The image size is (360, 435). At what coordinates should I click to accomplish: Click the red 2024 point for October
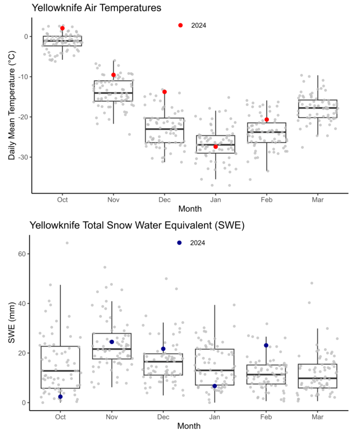[63, 28]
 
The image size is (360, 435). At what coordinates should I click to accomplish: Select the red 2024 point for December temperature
[165, 92]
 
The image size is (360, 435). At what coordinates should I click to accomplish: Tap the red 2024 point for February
[267, 120]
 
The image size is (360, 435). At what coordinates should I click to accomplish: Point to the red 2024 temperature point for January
[216, 146]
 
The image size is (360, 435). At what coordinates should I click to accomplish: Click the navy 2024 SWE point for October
[60, 396]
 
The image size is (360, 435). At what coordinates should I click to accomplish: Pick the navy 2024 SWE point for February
[266, 345]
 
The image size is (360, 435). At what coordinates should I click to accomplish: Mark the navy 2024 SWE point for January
[214, 386]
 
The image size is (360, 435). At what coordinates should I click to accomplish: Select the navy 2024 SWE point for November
[112, 342]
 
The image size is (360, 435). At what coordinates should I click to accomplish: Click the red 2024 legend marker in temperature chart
[180, 25]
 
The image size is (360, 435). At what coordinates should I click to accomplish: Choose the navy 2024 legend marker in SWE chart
[180, 243]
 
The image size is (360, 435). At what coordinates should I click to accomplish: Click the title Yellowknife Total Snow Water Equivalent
[137, 225]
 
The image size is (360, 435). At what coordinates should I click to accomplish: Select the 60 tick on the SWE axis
[22, 254]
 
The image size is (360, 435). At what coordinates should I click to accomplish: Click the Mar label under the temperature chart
[317, 200]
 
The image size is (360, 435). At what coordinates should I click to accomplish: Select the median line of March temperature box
[317, 108]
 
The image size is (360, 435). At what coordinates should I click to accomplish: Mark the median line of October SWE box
[60, 371]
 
